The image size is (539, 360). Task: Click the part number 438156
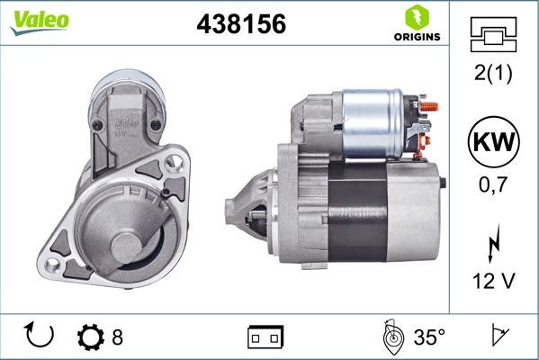[x=240, y=24]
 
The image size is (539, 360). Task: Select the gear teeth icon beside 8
[x=91, y=337]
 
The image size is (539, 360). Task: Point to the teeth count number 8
[x=117, y=337]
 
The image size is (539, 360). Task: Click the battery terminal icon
[x=265, y=337]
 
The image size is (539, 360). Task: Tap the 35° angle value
[x=429, y=337]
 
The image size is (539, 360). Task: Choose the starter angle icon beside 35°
[x=392, y=337]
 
